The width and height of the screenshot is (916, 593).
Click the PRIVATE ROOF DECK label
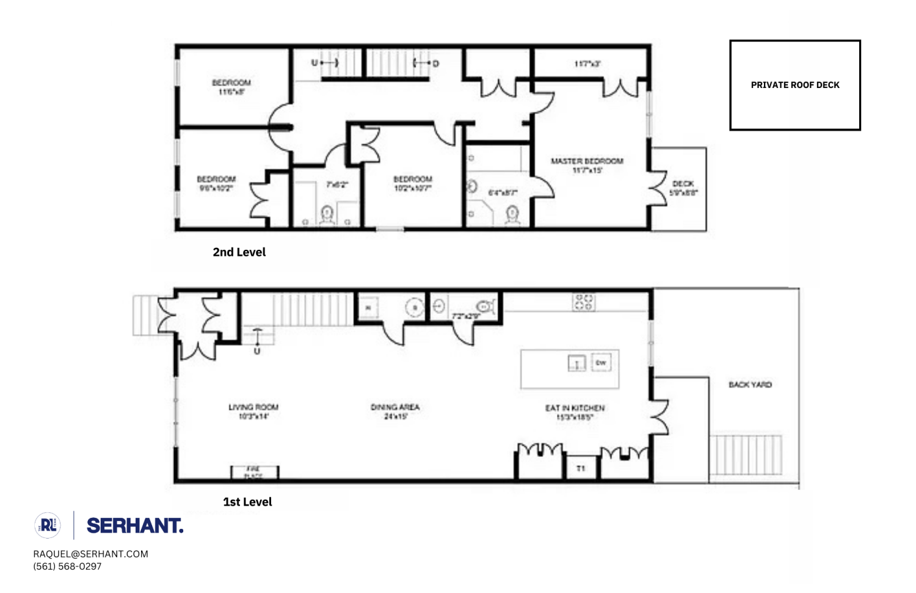pyautogui.click(x=794, y=85)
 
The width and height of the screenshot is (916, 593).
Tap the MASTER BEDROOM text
pyautogui.click(x=587, y=161)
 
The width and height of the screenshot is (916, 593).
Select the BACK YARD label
pyautogui.click(x=750, y=385)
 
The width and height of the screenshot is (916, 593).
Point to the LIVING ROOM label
pyautogui.click(x=253, y=407)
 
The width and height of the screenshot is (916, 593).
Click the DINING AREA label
pyautogui.click(x=395, y=407)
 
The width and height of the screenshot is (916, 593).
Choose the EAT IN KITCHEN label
pyautogui.click(x=575, y=408)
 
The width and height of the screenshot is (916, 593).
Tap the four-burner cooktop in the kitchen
pyautogui.click(x=583, y=302)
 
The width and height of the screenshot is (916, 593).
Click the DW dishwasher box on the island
pyautogui.click(x=601, y=363)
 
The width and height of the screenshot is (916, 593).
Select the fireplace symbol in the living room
pyautogui.click(x=254, y=472)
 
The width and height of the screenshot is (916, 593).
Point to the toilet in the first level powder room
pyautogui.click(x=485, y=305)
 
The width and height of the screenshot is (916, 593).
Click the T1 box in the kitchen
pyautogui.click(x=581, y=468)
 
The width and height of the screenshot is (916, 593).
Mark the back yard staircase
pyautogui.click(x=745, y=455)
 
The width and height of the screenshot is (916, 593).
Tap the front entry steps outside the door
pyautogui.click(x=145, y=315)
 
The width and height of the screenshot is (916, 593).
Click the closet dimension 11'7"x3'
pyautogui.click(x=587, y=64)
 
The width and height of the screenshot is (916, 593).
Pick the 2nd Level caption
pyautogui.click(x=239, y=252)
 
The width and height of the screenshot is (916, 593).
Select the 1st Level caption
pyautogui.click(x=247, y=502)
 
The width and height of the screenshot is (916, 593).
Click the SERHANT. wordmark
pyautogui.click(x=134, y=525)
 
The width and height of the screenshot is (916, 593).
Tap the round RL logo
pyautogui.click(x=48, y=525)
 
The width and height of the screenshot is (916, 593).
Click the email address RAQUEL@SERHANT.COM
pyautogui.click(x=90, y=554)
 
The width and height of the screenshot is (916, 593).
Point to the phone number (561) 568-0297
pyautogui.click(x=67, y=566)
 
